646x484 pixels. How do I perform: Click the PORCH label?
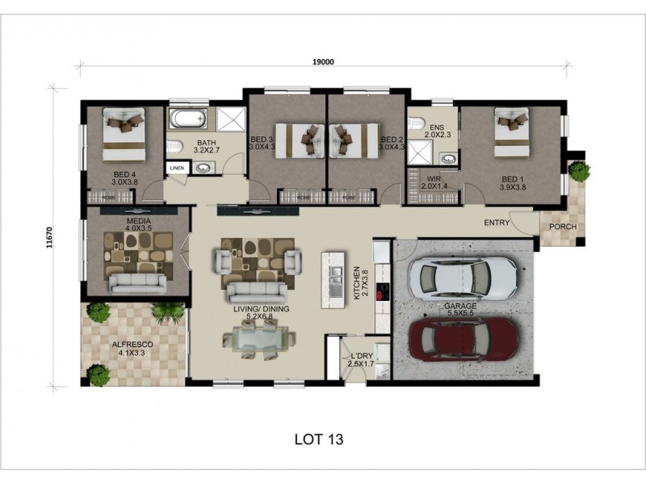coord(563,227)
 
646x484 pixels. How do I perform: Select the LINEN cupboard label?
coord(177,168)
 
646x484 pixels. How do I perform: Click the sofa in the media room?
coord(138,282)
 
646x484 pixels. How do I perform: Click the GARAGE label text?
coord(459,307)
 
